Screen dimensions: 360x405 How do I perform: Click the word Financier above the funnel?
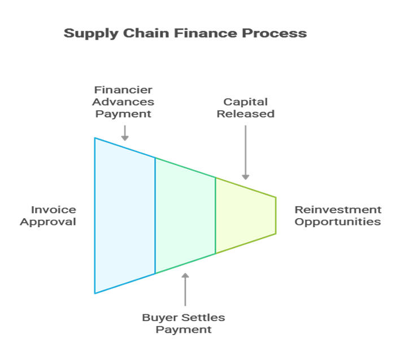coord(124,90)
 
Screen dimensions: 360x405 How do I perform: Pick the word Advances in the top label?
coord(124,102)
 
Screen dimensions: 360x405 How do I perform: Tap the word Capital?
coord(246,102)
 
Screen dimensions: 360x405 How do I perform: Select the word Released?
coord(246,114)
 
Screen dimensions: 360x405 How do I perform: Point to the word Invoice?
coord(53,210)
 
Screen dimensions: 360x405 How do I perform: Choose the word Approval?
coord(48,222)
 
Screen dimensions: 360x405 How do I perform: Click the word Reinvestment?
coord(338,210)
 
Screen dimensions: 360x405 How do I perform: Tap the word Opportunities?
coord(338,222)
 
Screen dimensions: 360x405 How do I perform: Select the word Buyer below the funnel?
coord(158,317)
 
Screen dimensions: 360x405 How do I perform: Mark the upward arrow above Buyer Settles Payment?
coord(185,290)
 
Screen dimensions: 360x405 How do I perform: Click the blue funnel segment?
coord(125,215)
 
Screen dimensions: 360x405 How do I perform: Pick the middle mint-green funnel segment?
coord(185,215)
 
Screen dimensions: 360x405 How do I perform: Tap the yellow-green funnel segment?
coord(245,215)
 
